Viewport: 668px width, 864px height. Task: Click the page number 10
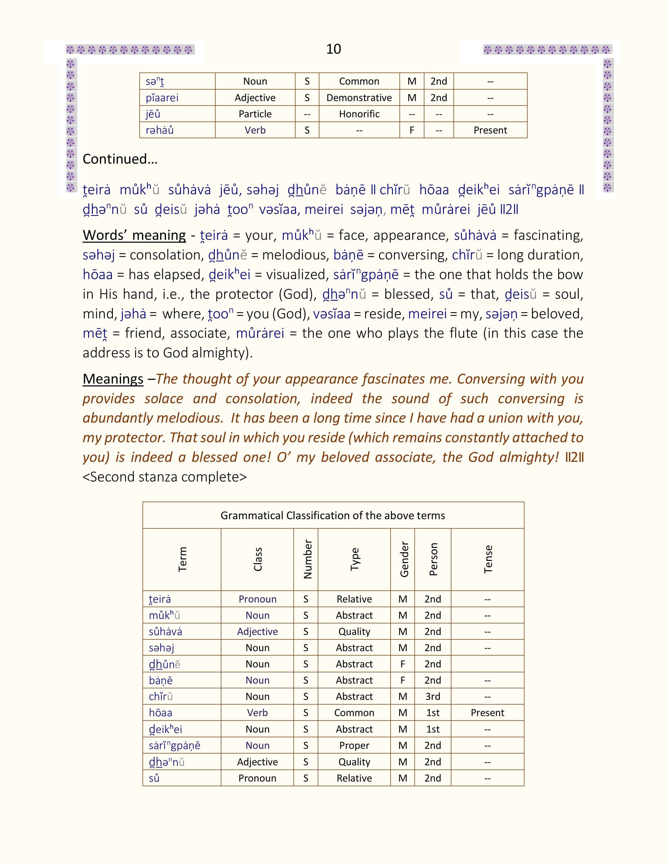333,49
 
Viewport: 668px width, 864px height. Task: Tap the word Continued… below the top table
120,159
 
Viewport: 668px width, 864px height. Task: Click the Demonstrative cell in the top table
359,98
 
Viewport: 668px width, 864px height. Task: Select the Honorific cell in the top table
359,114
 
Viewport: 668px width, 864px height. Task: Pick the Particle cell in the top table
255,114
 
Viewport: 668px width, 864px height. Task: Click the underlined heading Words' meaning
134,235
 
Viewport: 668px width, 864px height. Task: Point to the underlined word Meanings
113,379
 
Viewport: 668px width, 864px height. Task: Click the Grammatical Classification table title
333,516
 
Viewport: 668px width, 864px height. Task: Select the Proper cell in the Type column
354,745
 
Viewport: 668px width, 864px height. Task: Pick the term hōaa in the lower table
161,713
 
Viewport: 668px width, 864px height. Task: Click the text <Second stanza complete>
165,477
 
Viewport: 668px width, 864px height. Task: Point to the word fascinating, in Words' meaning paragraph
548,235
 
